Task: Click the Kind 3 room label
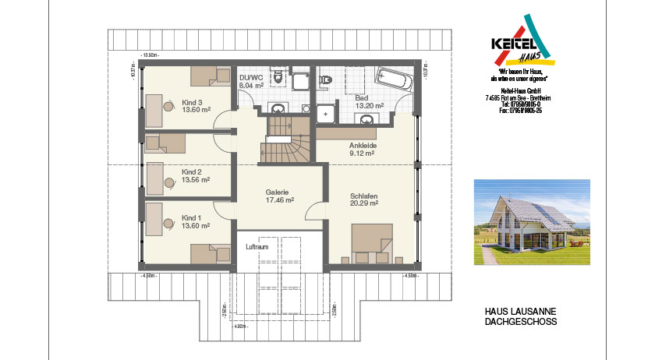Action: click(x=192, y=102)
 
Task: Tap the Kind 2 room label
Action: click(x=192, y=171)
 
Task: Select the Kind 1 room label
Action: click(x=192, y=217)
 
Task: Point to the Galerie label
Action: click(x=278, y=192)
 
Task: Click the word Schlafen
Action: click(x=364, y=195)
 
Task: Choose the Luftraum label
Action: click(x=257, y=247)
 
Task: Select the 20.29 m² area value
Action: click(x=364, y=203)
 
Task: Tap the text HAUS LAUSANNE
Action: click(x=521, y=311)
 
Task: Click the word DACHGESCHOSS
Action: click(x=521, y=321)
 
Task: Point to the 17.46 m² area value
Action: click(x=278, y=200)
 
